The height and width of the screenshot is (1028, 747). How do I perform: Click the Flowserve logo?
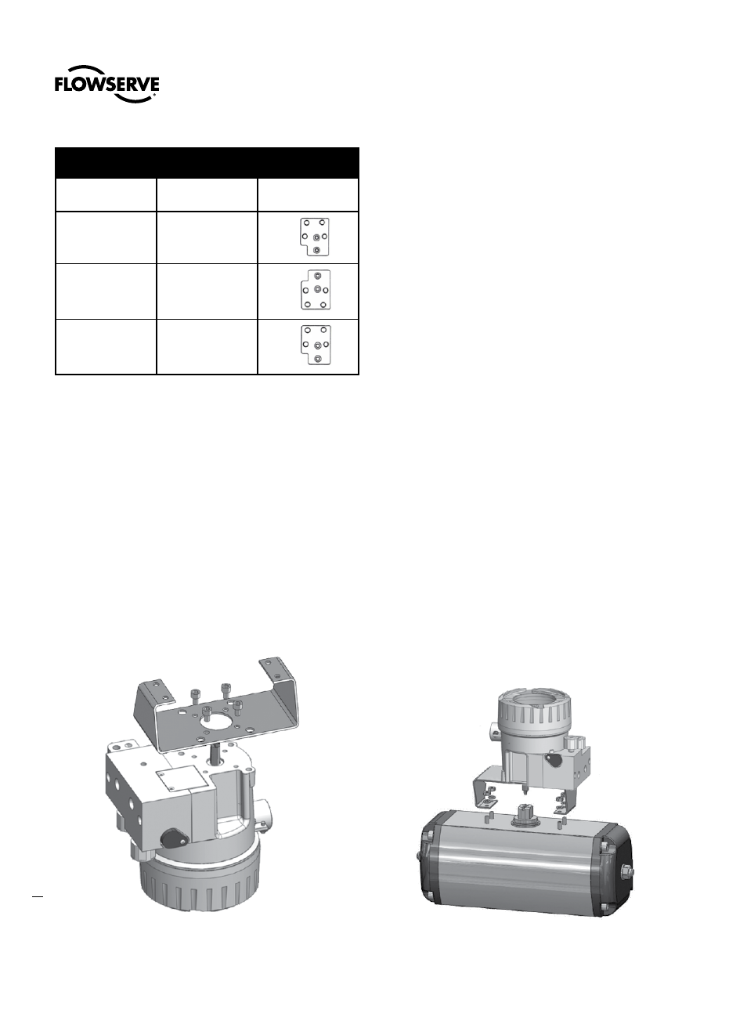106,84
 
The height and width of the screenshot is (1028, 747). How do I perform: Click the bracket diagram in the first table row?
315,237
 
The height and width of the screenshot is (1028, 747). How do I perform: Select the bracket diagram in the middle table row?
316,290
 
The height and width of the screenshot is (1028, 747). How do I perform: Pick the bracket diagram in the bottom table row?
316,345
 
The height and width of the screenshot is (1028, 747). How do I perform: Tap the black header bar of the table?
207,162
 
